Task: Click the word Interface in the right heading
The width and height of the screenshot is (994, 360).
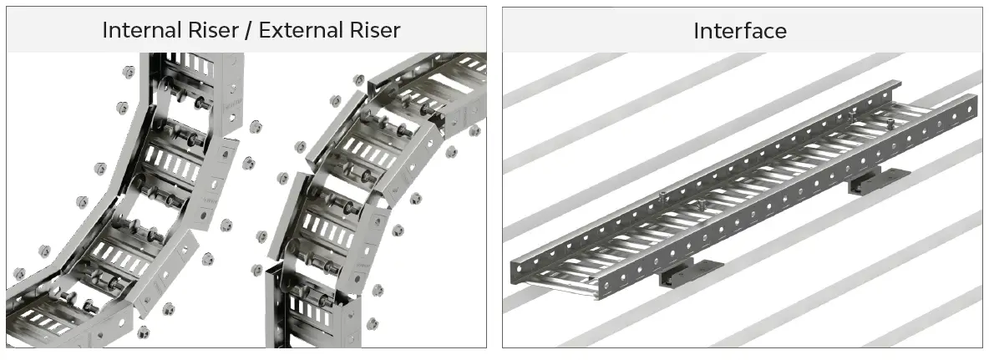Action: click(740, 31)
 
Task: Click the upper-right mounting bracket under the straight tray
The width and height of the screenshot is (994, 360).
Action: click(879, 180)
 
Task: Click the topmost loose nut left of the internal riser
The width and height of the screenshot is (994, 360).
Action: click(128, 71)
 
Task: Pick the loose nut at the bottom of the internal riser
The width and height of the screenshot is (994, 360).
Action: click(143, 332)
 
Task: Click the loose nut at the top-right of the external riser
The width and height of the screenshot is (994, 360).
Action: click(474, 131)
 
